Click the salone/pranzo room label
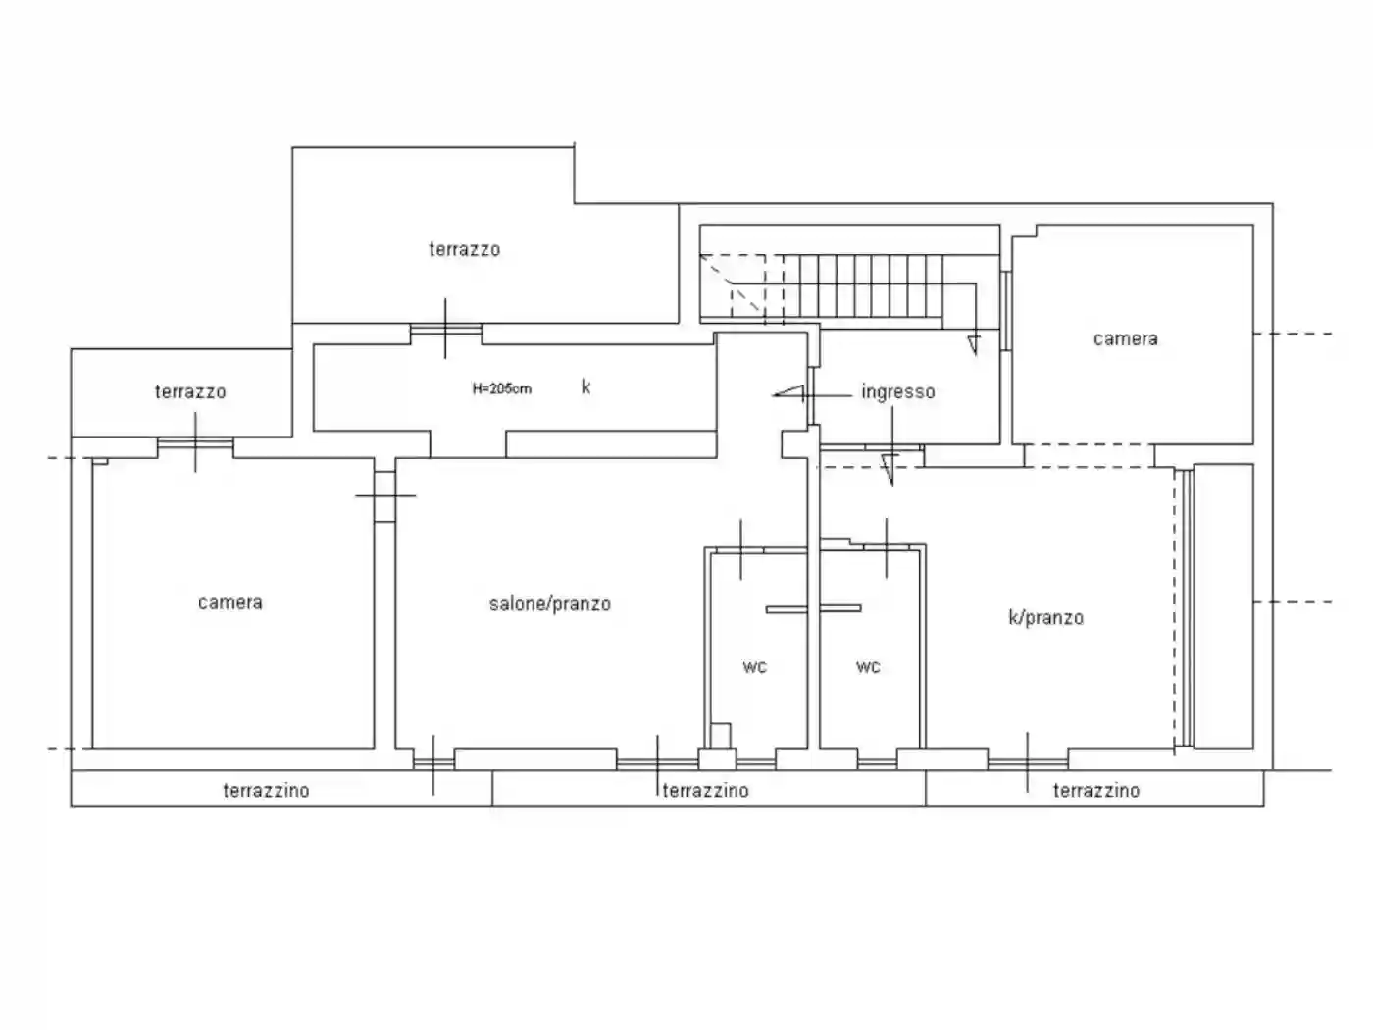pyautogui.click(x=550, y=604)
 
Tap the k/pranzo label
pyautogui.click(x=1045, y=618)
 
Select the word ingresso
pyautogui.click(x=898, y=392)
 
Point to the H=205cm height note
pyautogui.click(x=502, y=389)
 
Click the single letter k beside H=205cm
pyautogui.click(x=585, y=387)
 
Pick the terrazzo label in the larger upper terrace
pyautogui.click(x=464, y=249)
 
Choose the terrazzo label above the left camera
pyautogui.click(x=190, y=392)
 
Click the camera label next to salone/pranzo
pyautogui.click(x=230, y=603)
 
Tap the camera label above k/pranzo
pyautogui.click(x=1125, y=339)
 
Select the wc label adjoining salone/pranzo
pyautogui.click(x=754, y=668)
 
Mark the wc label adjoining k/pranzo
pyautogui.click(x=868, y=668)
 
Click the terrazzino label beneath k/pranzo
pyautogui.click(x=1095, y=791)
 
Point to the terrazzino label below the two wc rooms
pyautogui.click(x=705, y=791)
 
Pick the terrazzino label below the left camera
pyautogui.click(x=266, y=791)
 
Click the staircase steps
pyautogui.click(x=863, y=286)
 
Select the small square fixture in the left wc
pyautogui.click(x=721, y=736)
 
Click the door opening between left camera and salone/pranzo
pyautogui.click(x=384, y=496)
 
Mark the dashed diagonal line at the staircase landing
pyautogui.click(x=732, y=283)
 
